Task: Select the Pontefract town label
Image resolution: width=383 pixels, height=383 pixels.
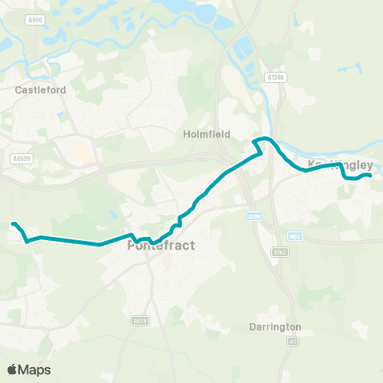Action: click(x=156, y=247)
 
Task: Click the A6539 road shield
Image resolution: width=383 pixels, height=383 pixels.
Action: click(x=21, y=159)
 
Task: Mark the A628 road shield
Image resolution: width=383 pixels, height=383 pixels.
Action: click(x=140, y=320)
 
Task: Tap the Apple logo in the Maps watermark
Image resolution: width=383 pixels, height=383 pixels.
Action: click(x=12, y=369)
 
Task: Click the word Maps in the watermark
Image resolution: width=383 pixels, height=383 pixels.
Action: click(x=34, y=369)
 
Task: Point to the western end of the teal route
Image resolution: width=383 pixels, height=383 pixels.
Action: click(x=14, y=224)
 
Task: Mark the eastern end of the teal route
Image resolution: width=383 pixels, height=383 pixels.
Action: click(x=369, y=176)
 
